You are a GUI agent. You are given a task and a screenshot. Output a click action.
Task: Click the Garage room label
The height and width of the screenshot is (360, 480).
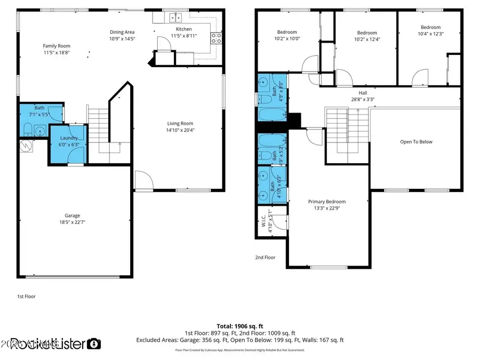(x=73, y=215)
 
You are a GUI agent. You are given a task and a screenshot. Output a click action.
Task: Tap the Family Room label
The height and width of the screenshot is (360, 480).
(x=57, y=46)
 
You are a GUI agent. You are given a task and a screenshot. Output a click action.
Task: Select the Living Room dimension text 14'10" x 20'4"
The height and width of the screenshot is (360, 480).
(x=180, y=130)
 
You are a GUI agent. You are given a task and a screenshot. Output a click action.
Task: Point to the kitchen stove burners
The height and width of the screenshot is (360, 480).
(x=217, y=37)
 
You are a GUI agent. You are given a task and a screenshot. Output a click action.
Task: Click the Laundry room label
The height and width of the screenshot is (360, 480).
(x=68, y=138)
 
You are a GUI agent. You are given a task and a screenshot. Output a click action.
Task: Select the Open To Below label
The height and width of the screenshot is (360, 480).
(x=416, y=142)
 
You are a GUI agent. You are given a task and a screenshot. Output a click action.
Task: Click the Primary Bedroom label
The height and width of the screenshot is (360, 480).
(x=327, y=202)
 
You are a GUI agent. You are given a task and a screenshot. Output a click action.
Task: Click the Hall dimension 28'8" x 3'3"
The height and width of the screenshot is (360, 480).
(x=363, y=99)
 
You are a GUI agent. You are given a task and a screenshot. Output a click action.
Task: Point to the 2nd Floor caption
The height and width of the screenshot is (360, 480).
(x=265, y=257)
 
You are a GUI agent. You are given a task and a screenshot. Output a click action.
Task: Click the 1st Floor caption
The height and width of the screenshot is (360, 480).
(x=26, y=296)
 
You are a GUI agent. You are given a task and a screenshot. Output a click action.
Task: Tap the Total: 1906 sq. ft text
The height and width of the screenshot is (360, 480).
(x=239, y=325)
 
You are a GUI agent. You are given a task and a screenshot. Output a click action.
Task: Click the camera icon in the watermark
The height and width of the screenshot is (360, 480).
(x=94, y=344)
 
